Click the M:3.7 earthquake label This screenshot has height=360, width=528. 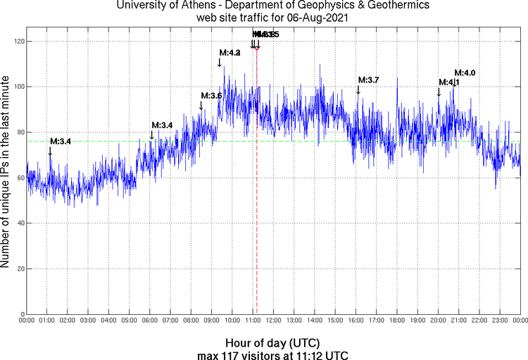(x=369, y=80)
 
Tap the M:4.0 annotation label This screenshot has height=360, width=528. (x=465, y=73)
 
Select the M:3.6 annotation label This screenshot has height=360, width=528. (x=211, y=96)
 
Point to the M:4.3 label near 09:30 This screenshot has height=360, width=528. (x=230, y=53)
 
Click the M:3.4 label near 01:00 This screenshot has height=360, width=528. (x=61, y=142)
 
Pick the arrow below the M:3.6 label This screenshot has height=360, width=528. (x=201, y=105)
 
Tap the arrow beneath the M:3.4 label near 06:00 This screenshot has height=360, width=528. (x=151, y=135)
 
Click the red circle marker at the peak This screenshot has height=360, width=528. (x=257, y=47)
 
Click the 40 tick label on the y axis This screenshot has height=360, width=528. (x=18, y=223)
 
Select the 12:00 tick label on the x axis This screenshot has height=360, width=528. (x=273, y=321)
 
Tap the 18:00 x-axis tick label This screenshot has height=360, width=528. (x=396, y=321)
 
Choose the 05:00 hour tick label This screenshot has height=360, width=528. (x=130, y=321)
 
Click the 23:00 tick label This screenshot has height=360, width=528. (x=499, y=321)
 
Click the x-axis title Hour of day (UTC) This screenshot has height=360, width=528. (x=272, y=341)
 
